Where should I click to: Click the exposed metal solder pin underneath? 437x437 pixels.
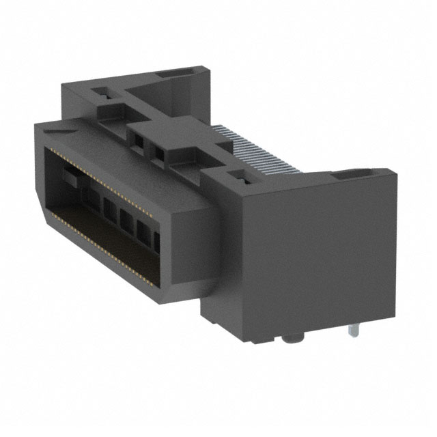coord(353,332)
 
